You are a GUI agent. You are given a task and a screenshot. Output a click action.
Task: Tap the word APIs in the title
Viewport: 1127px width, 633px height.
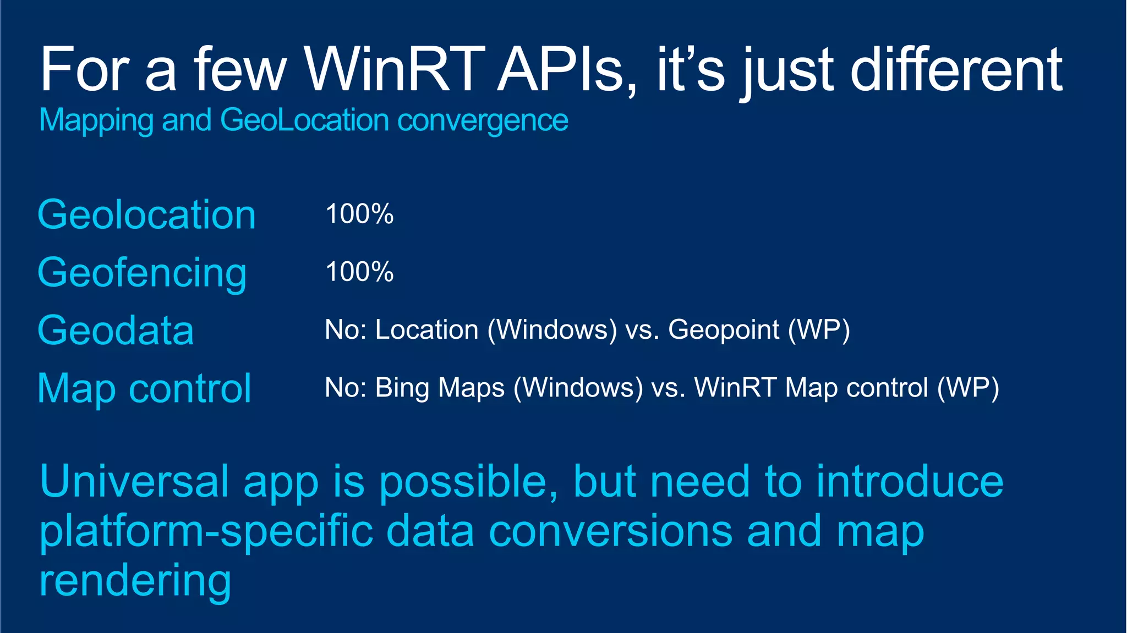pyautogui.click(x=567, y=70)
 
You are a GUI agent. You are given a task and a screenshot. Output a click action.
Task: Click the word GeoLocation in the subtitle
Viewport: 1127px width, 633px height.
pyautogui.click(x=304, y=120)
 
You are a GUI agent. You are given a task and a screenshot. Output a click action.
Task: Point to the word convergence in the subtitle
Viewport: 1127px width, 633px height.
pyautogui.click(x=483, y=120)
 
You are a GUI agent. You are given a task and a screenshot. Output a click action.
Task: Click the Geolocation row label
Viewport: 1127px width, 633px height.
pyautogui.click(x=146, y=214)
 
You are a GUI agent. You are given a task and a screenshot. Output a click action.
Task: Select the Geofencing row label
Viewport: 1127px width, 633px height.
pyautogui.click(x=142, y=273)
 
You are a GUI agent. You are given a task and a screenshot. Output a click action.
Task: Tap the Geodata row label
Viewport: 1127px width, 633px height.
pyautogui.click(x=116, y=331)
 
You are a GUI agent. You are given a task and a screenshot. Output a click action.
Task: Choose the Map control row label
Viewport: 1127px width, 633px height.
pyautogui.click(x=144, y=389)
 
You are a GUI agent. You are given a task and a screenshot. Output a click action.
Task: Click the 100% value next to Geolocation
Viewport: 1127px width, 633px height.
pyautogui.click(x=359, y=214)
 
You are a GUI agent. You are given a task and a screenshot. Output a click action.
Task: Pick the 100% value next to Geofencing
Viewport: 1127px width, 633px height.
pyautogui.click(x=359, y=272)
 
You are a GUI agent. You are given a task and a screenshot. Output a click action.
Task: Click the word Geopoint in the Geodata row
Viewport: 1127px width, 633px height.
pyautogui.click(x=723, y=331)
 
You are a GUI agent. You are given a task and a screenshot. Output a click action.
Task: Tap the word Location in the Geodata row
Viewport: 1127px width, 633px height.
pyautogui.click(x=426, y=330)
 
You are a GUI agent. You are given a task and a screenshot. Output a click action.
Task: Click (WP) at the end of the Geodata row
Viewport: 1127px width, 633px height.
pyautogui.click(x=819, y=331)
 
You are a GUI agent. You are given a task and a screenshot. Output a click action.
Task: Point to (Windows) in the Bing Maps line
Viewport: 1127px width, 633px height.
pyautogui.click(x=578, y=388)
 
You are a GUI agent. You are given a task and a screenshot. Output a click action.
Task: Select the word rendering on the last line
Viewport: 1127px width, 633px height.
pyautogui.click(x=135, y=581)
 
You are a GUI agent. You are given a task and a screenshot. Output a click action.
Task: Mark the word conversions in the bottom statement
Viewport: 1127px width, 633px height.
pyautogui.click(x=610, y=531)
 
